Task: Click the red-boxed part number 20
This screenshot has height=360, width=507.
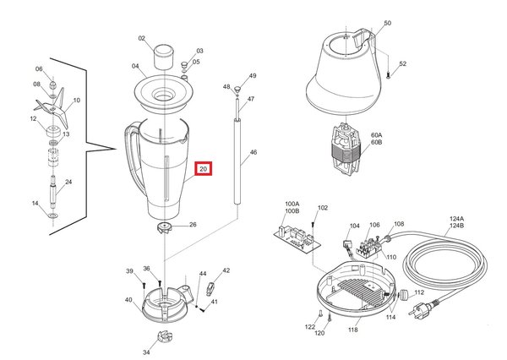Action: click(204, 169)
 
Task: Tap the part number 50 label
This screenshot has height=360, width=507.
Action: click(388, 24)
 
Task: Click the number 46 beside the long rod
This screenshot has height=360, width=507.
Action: click(253, 155)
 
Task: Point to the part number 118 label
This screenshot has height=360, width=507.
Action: click(352, 331)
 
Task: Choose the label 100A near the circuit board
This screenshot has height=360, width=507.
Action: click(292, 204)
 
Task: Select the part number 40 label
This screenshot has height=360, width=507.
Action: click(128, 300)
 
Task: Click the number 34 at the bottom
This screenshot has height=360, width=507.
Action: click(146, 353)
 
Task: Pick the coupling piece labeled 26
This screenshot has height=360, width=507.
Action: click(164, 227)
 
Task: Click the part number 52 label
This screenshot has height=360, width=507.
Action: click(403, 64)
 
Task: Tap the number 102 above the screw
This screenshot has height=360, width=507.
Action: click(323, 208)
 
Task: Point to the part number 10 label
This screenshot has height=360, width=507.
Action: click(76, 101)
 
